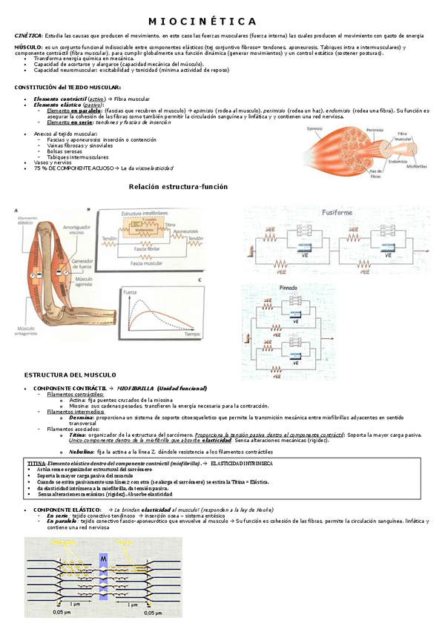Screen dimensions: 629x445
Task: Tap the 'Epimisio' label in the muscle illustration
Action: pyautogui.click(x=320, y=128)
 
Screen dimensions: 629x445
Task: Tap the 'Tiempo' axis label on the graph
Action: pyautogui.click(x=192, y=335)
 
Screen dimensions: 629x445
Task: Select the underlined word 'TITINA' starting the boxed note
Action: pyautogui.click(x=36, y=463)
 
